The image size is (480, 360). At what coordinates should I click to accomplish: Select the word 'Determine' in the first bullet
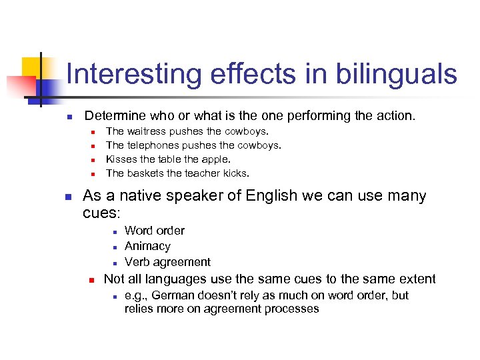115,116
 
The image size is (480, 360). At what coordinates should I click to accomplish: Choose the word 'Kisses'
121,159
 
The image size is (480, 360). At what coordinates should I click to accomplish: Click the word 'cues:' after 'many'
101,213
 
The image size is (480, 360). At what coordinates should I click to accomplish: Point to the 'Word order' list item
155,231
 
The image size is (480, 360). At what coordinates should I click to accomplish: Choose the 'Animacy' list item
147,246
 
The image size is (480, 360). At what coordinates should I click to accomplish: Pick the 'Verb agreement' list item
167,262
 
